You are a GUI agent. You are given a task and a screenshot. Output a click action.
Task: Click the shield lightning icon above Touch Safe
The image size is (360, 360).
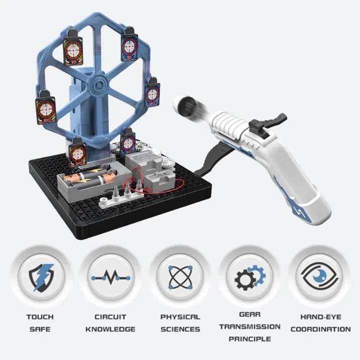41,278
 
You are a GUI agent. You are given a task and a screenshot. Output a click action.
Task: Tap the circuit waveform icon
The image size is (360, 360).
110,278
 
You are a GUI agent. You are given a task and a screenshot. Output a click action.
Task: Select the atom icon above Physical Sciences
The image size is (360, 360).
180,277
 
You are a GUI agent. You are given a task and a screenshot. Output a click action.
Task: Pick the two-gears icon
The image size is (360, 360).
250,277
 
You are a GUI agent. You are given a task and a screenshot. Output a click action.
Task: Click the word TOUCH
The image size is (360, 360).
40,317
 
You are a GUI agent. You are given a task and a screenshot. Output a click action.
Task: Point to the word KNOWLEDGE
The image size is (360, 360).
110,329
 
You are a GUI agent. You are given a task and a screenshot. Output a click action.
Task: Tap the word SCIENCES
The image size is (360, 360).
180,329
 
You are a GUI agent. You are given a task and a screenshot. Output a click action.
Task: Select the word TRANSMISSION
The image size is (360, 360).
250,327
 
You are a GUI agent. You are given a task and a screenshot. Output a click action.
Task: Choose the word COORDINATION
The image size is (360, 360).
320,329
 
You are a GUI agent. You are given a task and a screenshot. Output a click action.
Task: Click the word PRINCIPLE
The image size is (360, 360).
250,339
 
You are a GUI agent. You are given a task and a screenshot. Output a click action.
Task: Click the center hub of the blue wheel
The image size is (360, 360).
99,84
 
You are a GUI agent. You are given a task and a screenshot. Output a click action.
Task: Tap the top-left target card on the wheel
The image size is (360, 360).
72,48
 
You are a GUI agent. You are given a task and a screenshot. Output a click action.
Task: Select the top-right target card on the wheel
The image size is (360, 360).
130,45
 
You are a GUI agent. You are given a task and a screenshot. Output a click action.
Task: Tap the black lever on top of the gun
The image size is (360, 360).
268,126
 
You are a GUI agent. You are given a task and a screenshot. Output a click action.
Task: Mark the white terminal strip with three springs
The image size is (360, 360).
121,196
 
